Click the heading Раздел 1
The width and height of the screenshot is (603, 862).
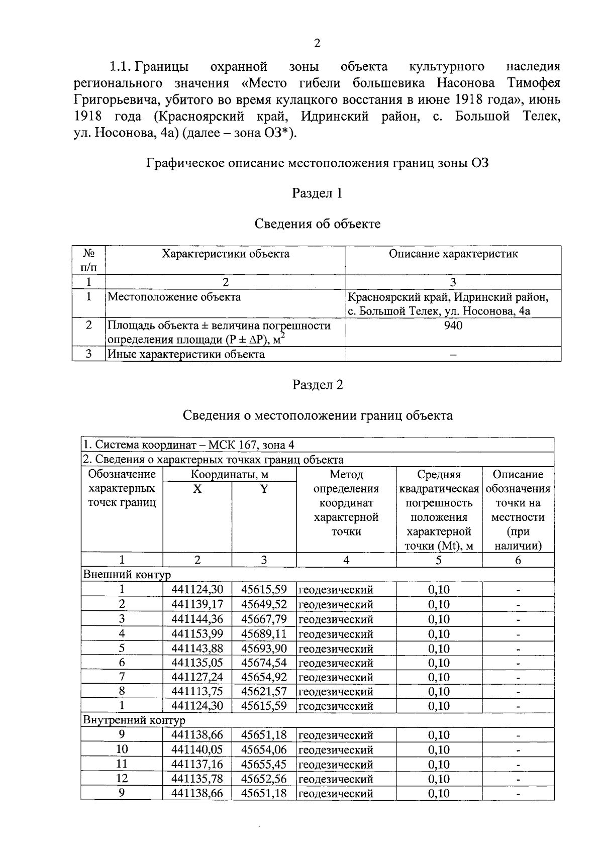[317, 193]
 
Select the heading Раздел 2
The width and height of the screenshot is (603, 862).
[317, 385]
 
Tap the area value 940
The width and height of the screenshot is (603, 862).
[453, 326]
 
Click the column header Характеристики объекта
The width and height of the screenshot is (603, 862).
[225, 254]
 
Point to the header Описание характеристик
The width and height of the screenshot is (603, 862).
[453, 254]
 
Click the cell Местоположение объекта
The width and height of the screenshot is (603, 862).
[174, 297]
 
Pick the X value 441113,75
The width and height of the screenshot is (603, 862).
[197, 692]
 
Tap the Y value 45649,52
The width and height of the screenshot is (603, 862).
[264, 604]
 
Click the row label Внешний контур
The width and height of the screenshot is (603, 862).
[127, 575]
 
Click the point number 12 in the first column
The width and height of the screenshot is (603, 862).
[122, 779]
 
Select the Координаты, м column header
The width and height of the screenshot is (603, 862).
[229, 475]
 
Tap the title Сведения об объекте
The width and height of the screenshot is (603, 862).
[317, 224]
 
